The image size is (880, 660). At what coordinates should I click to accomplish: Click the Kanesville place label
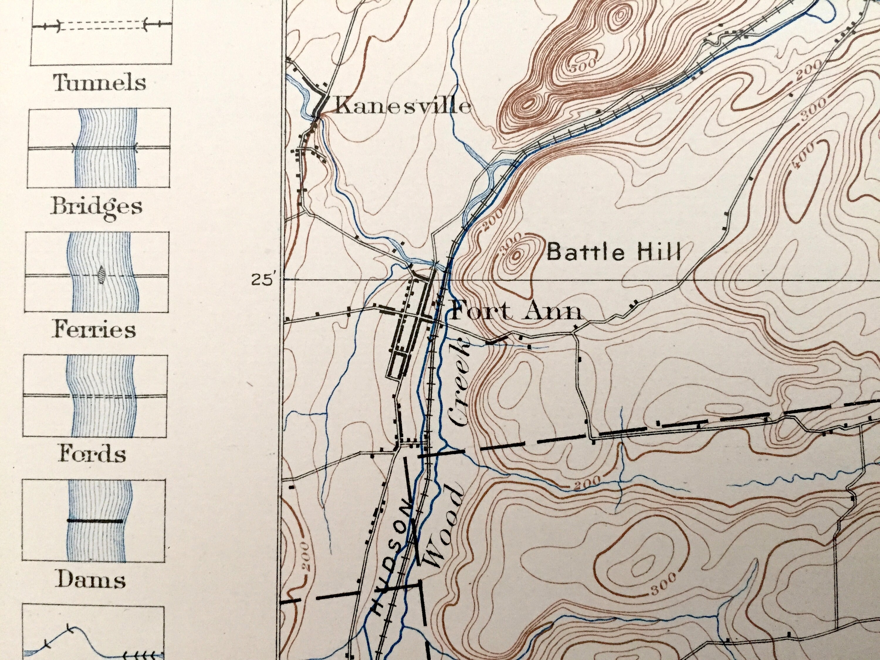[x=403, y=106]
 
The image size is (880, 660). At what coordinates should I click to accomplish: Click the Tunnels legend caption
[x=99, y=83]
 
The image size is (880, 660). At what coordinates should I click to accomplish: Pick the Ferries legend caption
[x=94, y=330]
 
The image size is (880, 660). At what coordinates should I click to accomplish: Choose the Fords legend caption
[x=92, y=454]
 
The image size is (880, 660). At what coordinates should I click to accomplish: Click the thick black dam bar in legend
[x=95, y=520]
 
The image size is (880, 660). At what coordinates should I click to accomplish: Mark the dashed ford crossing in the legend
[x=103, y=397]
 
